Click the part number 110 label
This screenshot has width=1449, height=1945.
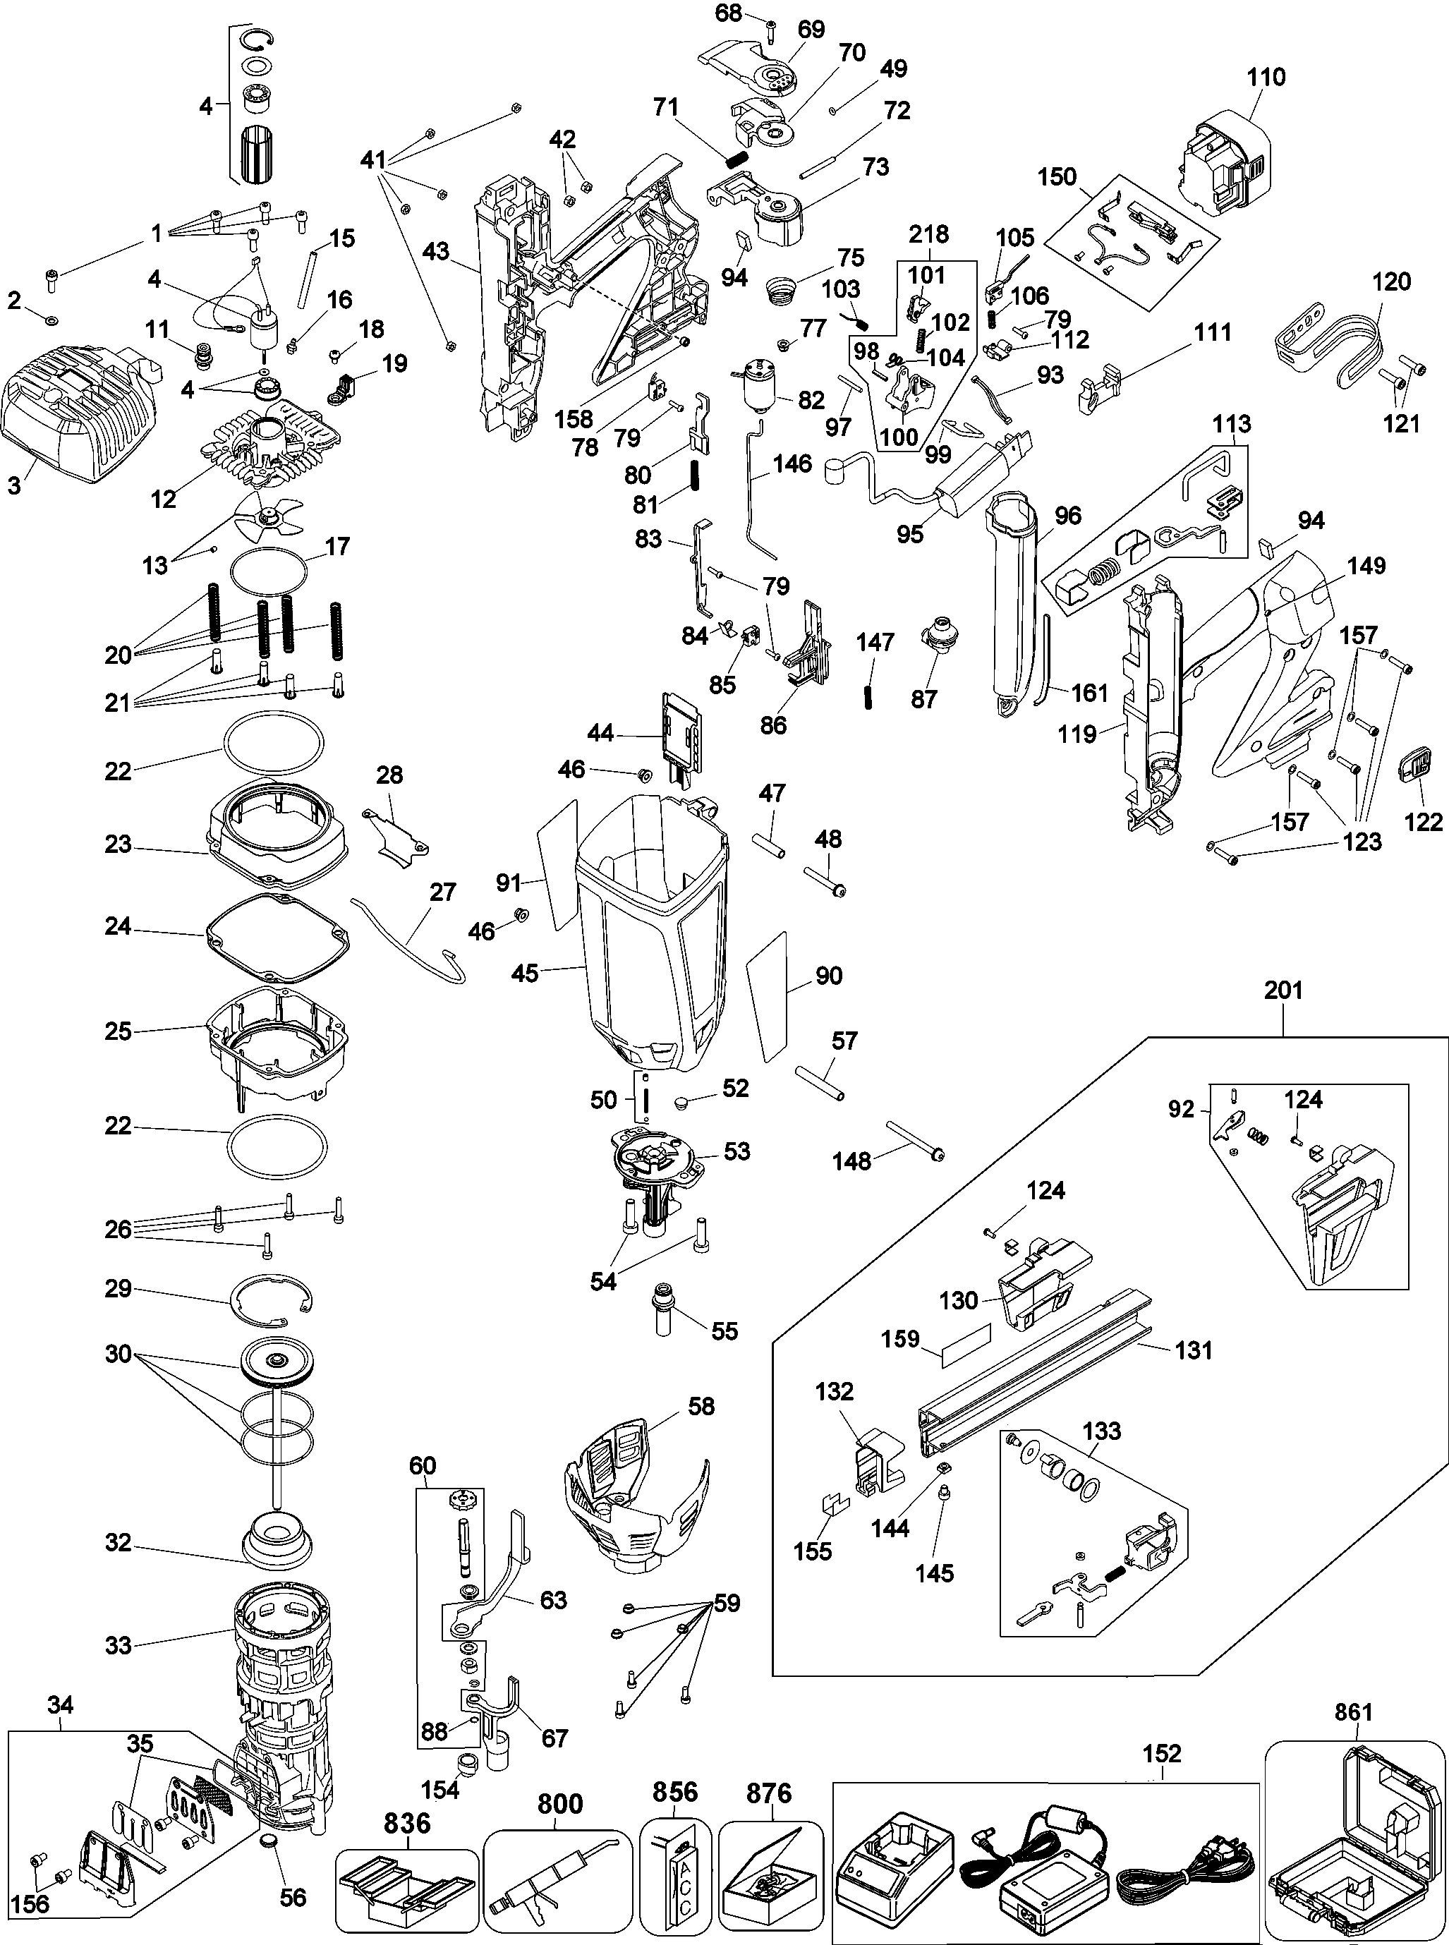pos(1266,77)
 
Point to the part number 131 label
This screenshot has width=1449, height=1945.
pos(1194,1350)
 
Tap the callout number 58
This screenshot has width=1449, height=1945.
pos(701,1407)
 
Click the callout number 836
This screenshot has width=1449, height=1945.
pos(407,1823)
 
